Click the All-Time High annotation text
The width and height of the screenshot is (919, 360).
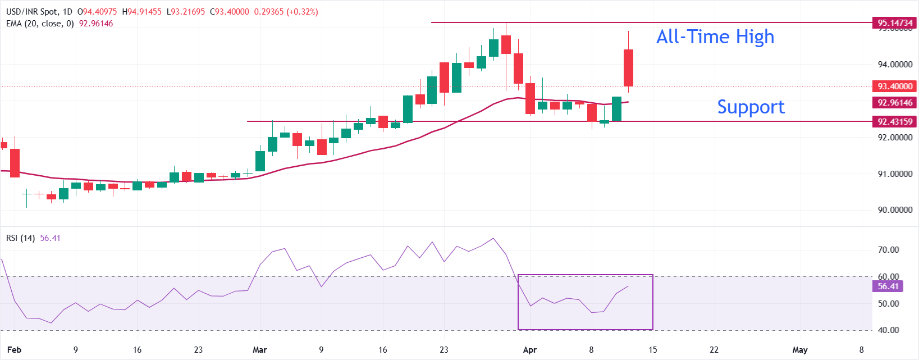pyautogui.click(x=715, y=37)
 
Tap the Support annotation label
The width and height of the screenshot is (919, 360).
pyautogui.click(x=751, y=107)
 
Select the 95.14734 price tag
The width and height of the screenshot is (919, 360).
pyautogui.click(x=895, y=23)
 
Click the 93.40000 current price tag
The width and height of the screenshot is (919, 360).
pyautogui.click(x=895, y=86)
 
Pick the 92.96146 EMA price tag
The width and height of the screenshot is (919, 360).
pyautogui.click(x=895, y=103)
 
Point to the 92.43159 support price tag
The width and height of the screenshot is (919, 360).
pyautogui.click(x=895, y=121)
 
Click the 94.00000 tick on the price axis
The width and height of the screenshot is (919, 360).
pyautogui.click(x=895, y=65)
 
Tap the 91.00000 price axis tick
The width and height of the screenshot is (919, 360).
pyautogui.click(x=895, y=174)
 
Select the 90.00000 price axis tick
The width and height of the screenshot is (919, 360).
pyautogui.click(x=895, y=210)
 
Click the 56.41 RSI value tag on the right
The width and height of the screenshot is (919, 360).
pyautogui.click(x=888, y=286)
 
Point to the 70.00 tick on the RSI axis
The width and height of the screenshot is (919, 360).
pyautogui.click(x=888, y=250)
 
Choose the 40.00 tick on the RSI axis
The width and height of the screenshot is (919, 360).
pyautogui.click(x=888, y=330)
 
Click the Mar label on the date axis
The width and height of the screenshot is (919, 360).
pyautogui.click(x=260, y=350)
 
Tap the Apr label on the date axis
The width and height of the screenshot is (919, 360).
pyautogui.click(x=530, y=350)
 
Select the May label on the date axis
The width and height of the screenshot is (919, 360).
pyautogui.click(x=800, y=350)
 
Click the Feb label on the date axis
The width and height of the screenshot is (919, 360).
pyautogui.click(x=14, y=350)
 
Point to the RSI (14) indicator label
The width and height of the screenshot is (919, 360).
pyautogui.click(x=20, y=238)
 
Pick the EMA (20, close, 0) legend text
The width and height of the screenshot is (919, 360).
pyautogui.click(x=40, y=24)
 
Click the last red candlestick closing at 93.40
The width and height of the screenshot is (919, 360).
pyautogui.click(x=628, y=67)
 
